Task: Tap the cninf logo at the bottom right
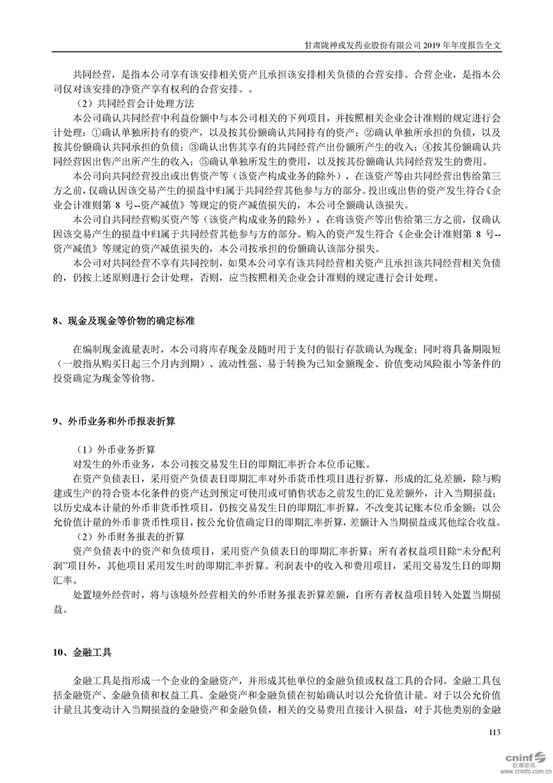pos(519,757)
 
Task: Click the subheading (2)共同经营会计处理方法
pos(122,104)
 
